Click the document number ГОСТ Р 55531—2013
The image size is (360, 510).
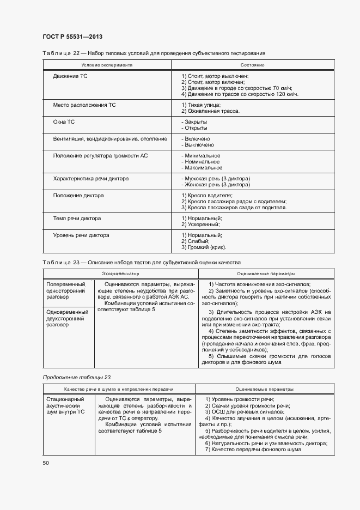coord(72,36)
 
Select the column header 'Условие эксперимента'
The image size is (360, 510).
coord(107,65)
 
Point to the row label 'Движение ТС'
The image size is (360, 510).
coord(70,76)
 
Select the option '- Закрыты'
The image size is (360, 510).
coord(194,122)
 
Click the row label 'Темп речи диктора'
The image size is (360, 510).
coord(77,218)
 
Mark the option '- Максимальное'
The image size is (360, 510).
coord(201,168)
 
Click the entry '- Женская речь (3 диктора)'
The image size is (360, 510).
coord(215,185)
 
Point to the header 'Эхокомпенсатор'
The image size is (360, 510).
coord(120,273)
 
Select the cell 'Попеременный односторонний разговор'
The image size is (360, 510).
coord(66,291)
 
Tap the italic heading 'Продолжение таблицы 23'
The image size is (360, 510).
coord(77,378)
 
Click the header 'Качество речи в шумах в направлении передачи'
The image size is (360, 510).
coord(118,390)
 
